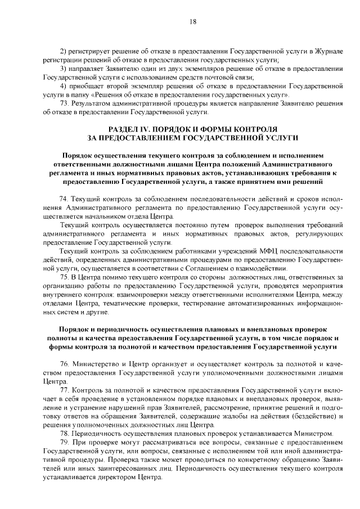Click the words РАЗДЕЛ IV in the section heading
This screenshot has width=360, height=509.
point(134,129)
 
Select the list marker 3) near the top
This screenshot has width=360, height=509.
point(64,69)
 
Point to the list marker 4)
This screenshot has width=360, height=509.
point(64,85)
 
